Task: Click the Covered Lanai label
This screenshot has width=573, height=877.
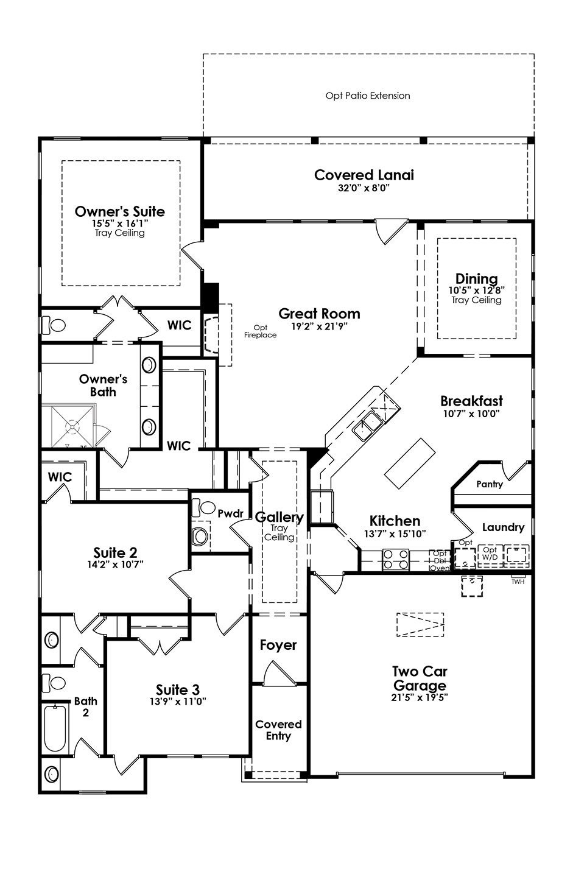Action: (364, 175)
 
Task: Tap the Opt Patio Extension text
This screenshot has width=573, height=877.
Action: (368, 96)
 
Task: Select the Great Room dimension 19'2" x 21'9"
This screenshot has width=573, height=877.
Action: (319, 326)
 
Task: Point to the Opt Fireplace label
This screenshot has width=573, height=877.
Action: (260, 331)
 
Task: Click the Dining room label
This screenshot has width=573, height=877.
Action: (476, 278)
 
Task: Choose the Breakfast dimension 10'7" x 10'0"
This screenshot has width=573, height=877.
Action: (471, 414)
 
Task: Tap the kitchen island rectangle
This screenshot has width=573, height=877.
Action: (410, 463)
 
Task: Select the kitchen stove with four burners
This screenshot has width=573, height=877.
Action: (395, 560)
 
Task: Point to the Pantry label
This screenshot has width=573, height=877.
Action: (489, 484)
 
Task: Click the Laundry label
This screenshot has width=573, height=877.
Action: (503, 527)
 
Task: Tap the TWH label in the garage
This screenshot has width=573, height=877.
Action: (518, 582)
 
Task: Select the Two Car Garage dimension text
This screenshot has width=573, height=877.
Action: (420, 697)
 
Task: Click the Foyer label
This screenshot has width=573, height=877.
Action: (278, 645)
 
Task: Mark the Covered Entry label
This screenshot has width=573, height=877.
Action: (278, 730)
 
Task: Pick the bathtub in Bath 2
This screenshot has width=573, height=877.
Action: (55, 728)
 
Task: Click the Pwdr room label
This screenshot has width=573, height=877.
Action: (231, 513)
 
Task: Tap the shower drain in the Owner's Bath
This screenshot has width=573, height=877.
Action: (72, 426)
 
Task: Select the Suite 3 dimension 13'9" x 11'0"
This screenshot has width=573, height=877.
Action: (178, 701)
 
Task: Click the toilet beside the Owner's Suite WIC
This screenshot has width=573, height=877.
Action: (54, 325)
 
